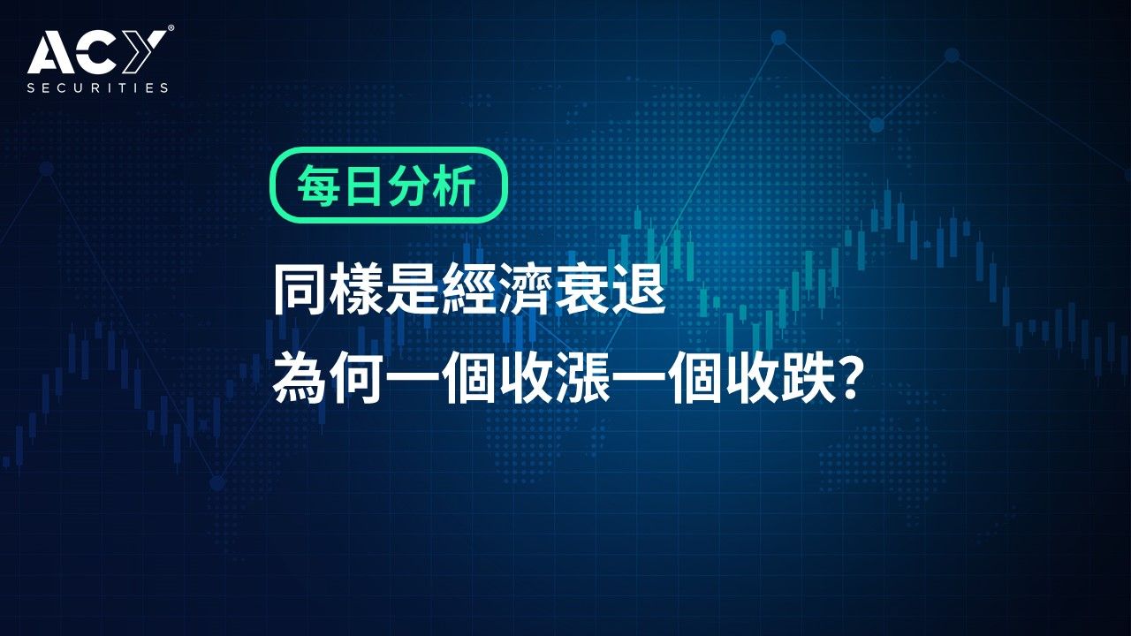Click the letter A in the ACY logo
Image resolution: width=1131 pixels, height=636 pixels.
(x=49, y=51)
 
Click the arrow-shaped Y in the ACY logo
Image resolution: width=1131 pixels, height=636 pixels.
(x=145, y=51)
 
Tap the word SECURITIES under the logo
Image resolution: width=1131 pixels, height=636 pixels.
(x=97, y=87)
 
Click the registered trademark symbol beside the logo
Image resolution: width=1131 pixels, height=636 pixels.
(x=171, y=29)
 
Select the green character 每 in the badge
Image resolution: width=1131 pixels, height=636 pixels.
(x=317, y=185)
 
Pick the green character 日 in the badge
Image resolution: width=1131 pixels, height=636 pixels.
(x=362, y=185)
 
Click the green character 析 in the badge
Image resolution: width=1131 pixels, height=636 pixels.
(x=453, y=185)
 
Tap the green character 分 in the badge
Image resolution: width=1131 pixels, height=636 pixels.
(x=408, y=185)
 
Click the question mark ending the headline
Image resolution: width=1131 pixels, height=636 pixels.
(x=850, y=379)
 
